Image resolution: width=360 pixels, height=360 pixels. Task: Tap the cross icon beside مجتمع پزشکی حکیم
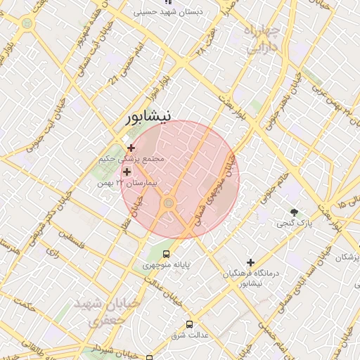tap(131, 148)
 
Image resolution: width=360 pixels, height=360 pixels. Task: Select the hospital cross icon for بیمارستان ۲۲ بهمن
tap(127, 172)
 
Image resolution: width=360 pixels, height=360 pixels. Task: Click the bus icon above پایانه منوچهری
tap(167, 254)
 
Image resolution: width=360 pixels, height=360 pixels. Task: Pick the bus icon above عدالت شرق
tap(189, 324)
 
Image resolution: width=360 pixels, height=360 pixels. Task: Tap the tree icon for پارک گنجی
tap(294, 212)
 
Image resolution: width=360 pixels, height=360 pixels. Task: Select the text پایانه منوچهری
tap(167, 265)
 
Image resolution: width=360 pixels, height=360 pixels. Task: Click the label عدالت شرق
tap(189, 335)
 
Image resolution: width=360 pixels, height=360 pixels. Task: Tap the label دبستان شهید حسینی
tap(168, 12)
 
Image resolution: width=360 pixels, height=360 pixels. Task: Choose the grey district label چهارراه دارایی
tap(264, 40)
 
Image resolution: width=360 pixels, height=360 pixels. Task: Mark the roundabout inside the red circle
tap(168, 204)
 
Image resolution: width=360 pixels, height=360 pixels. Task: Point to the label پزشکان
tap(346, 258)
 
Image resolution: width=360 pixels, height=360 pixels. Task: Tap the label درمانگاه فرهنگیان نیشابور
tap(251, 278)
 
